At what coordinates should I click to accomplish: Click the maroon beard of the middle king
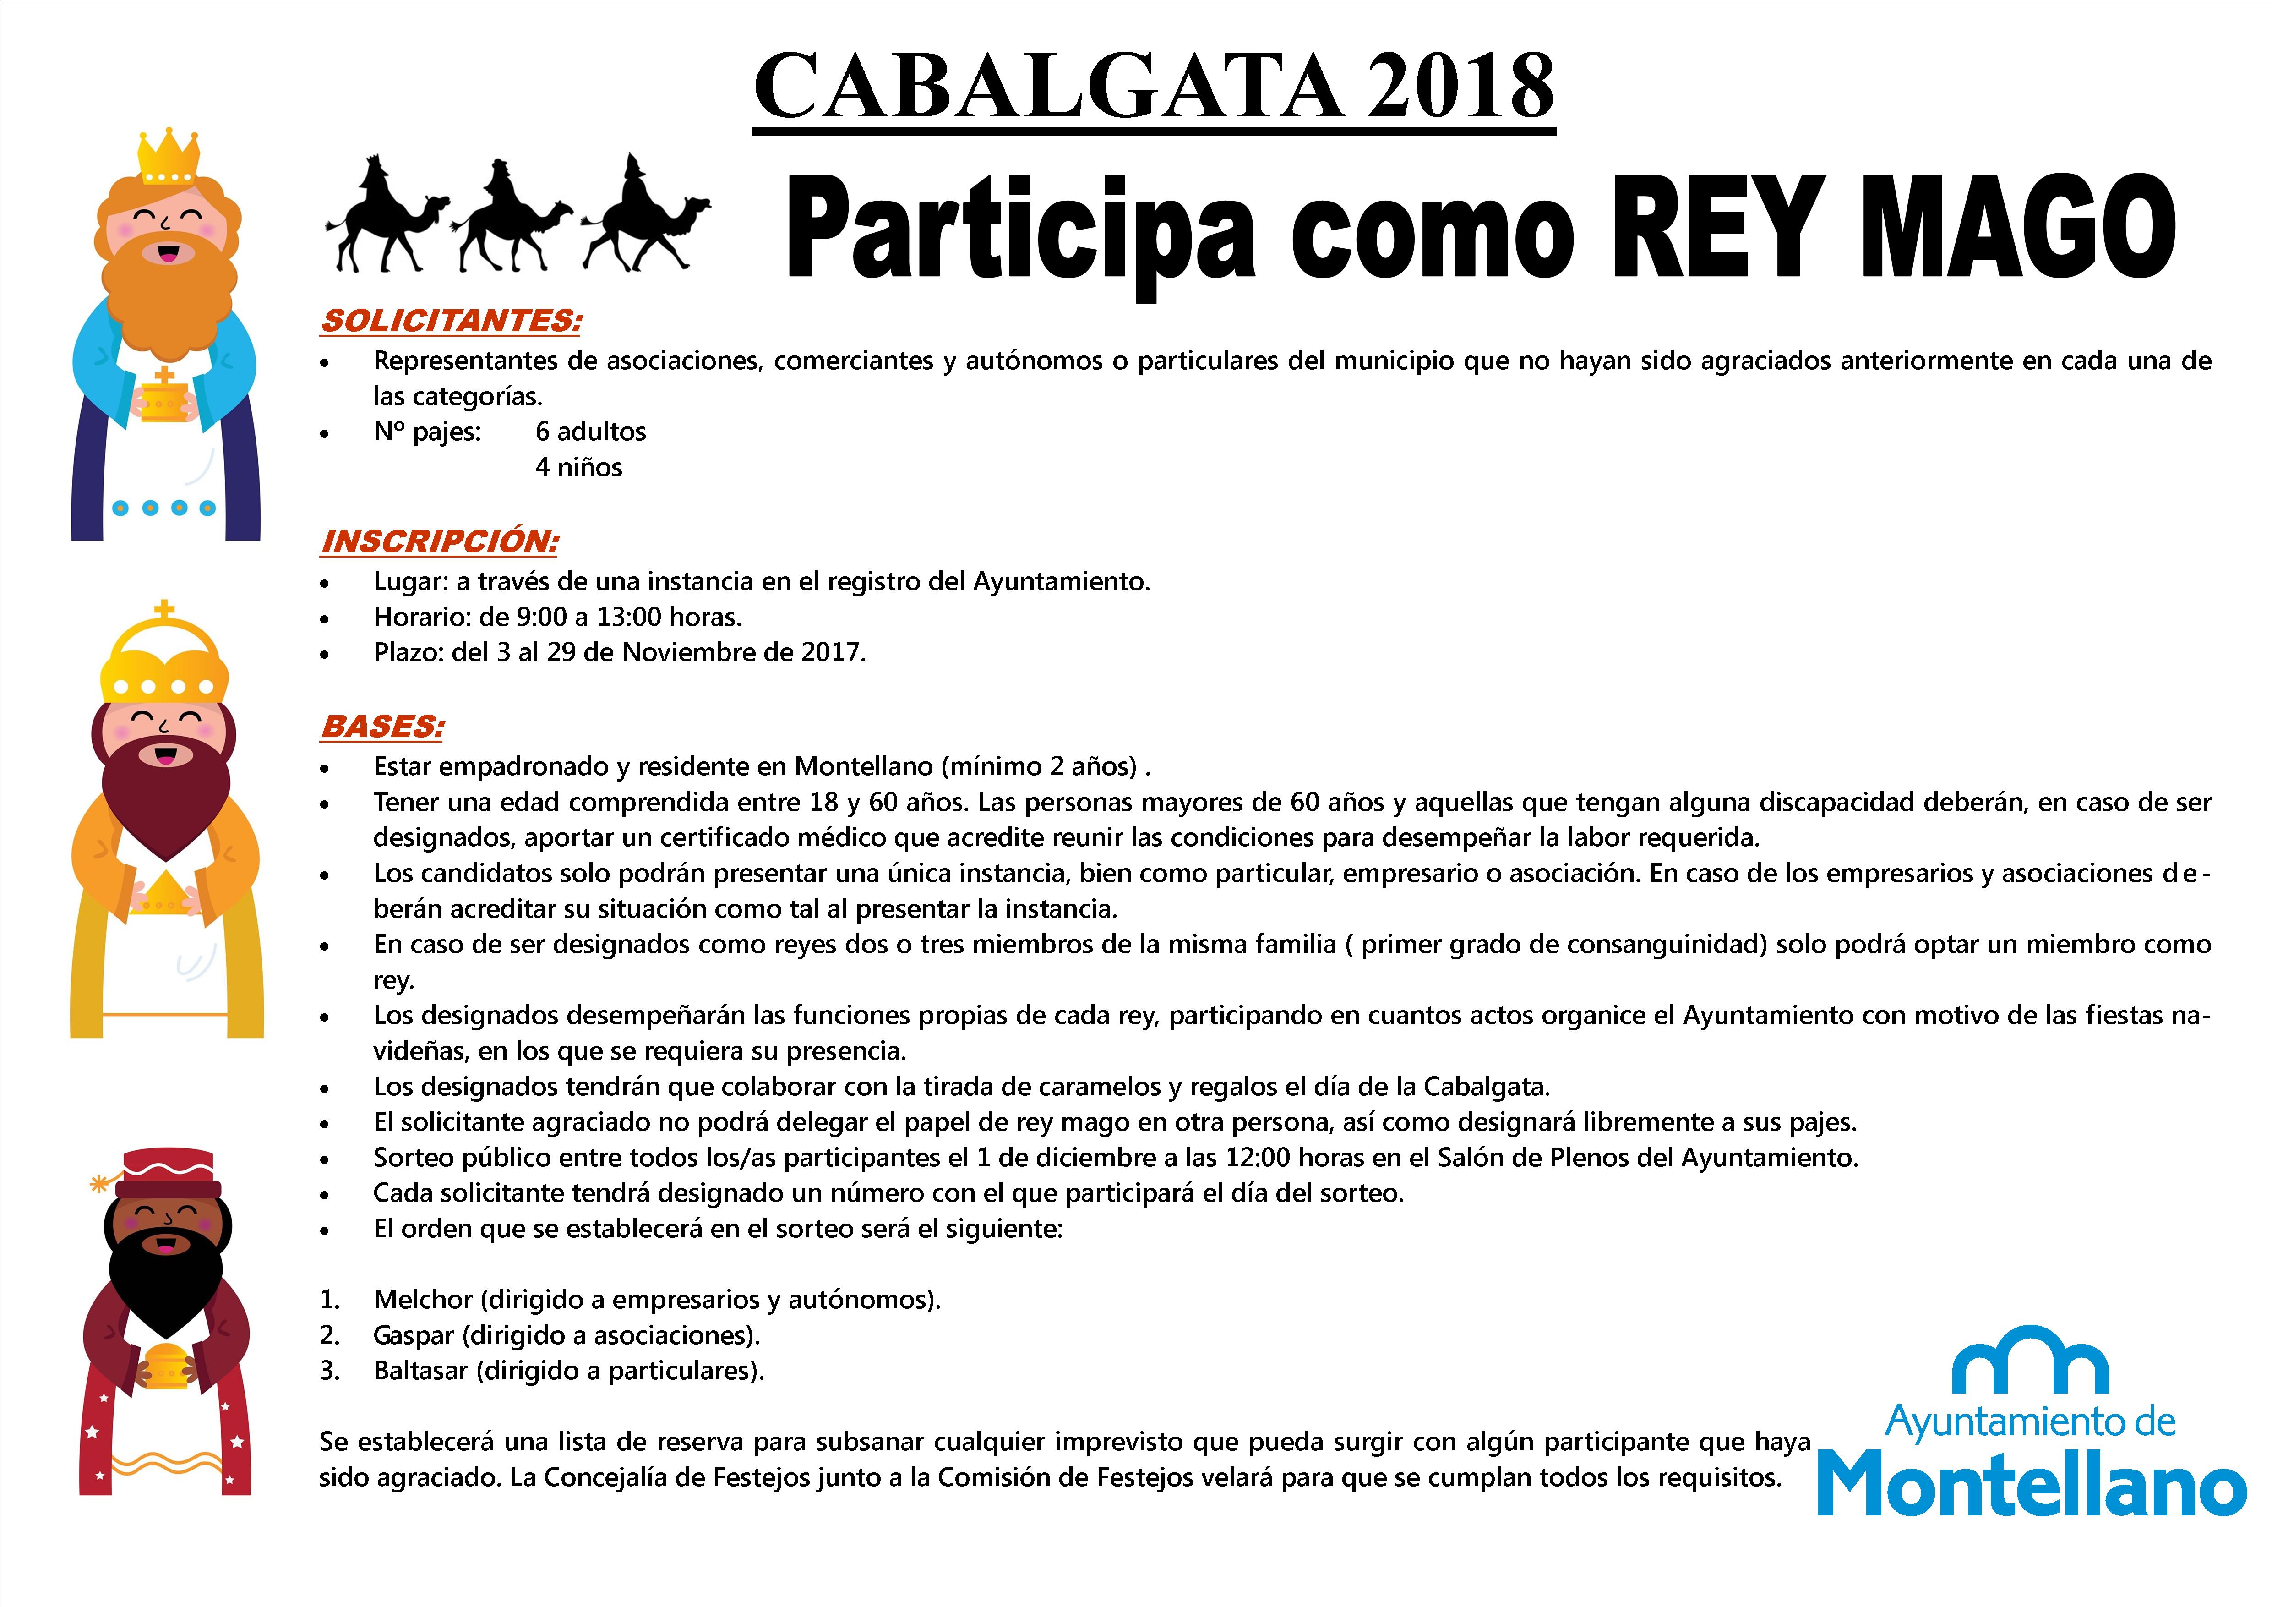[x=166, y=802]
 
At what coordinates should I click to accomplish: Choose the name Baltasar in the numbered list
[x=420, y=1371]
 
